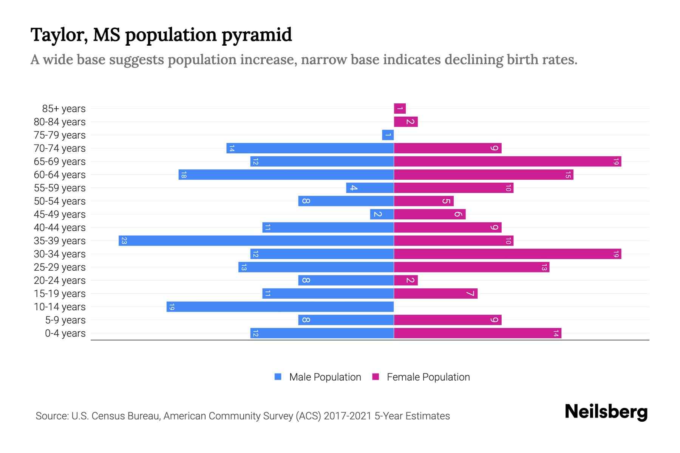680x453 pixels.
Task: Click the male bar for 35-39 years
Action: click(x=256, y=240)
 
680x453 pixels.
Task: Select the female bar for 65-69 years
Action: click(x=507, y=162)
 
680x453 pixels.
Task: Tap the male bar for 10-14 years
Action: click(x=280, y=307)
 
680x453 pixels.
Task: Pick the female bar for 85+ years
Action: click(x=400, y=109)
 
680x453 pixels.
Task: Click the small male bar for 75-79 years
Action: click(x=388, y=135)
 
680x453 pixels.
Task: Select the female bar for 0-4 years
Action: click(x=478, y=333)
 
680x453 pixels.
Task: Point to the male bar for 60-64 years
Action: click(x=286, y=175)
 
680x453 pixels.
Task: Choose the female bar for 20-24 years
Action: click(x=406, y=280)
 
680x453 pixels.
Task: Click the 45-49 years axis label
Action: click(x=60, y=214)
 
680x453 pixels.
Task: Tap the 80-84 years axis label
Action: click(x=60, y=122)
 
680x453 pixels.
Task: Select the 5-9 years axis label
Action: click(x=65, y=320)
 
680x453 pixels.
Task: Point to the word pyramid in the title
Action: click(x=257, y=35)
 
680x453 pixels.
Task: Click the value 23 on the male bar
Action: click(x=124, y=241)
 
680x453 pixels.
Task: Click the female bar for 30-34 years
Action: click(x=507, y=254)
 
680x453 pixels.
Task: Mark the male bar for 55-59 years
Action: click(x=370, y=188)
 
